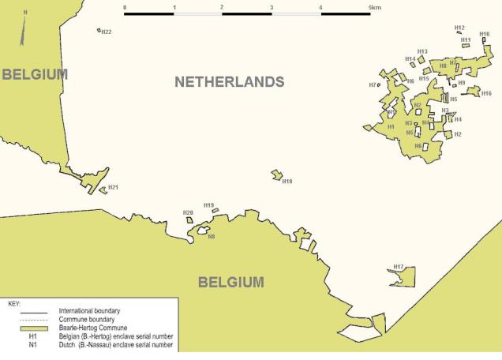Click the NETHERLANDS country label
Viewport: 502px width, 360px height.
[x=229, y=82]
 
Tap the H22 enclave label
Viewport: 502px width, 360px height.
[x=107, y=32]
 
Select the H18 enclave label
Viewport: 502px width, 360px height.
[x=287, y=182]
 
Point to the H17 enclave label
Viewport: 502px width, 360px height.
[x=399, y=267]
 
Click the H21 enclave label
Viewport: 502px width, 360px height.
[x=113, y=187]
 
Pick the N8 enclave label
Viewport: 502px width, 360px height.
[x=211, y=237]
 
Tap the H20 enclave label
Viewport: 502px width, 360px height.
[x=188, y=212]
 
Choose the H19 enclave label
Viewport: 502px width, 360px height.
[x=208, y=205]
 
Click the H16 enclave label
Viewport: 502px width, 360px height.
[x=486, y=93]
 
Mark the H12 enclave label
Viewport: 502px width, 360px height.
[x=459, y=28]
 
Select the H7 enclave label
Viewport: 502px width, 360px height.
[x=372, y=84]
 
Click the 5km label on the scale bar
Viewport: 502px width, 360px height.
[x=374, y=7]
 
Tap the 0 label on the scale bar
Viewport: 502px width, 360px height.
[x=126, y=7]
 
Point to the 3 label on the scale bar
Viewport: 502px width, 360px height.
[x=272, y=7]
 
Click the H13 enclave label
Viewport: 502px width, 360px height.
[x=421, y=51]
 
